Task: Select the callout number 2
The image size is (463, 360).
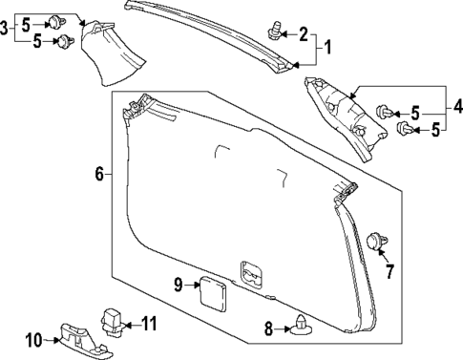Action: click(x=304, y=36)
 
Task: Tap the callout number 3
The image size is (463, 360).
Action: click(x=6, y=31)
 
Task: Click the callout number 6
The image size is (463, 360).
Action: click(x=98, y=174)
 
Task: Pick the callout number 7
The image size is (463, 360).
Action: click(x=389, y=272)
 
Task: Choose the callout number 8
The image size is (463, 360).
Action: click(x=269, y=329)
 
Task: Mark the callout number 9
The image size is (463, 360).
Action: click(x=179, y=284)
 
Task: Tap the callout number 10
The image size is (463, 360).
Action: click(x=32, y=338)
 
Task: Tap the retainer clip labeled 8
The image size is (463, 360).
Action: click(x=302, y=327)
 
